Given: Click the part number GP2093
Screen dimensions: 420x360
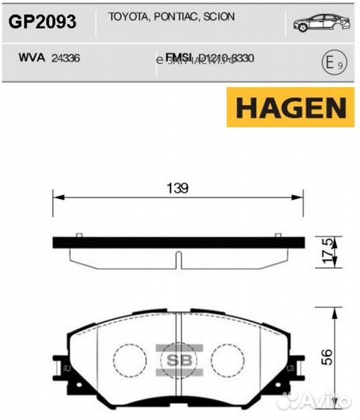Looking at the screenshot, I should (42, 22).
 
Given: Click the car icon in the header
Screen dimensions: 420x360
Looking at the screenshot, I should (317, 23).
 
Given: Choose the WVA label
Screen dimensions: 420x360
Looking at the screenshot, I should (29, 57).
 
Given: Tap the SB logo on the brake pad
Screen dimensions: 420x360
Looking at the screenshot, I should (175, 360).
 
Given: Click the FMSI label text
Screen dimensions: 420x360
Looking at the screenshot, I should (180, 57).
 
